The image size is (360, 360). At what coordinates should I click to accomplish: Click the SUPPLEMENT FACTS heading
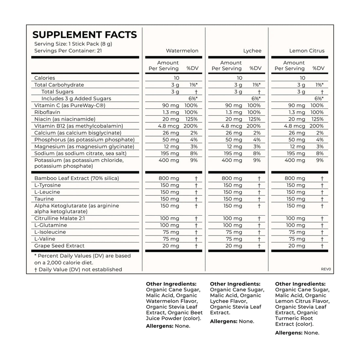point(84,35)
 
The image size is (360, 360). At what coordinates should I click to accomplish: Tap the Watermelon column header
point(182,51)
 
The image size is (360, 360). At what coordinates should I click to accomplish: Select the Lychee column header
point(252,51)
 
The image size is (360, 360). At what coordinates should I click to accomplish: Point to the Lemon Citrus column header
point(307,51)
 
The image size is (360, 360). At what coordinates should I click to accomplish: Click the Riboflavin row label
point(46,112)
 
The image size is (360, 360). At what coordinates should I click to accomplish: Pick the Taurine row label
point(44,199)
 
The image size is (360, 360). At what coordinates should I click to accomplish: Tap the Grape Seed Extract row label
point(59,246)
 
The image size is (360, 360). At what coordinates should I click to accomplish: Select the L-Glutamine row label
point(51,225)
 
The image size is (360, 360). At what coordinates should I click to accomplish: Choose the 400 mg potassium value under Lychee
point(232,160)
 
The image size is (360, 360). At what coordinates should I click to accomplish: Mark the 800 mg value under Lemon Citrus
point(295,178)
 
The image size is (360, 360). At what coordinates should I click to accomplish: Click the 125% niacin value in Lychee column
point(254,119)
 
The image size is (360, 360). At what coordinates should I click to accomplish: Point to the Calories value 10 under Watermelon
point(176,78)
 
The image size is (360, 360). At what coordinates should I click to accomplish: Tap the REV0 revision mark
point(326,269)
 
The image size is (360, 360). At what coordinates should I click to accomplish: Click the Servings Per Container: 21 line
point(68,51)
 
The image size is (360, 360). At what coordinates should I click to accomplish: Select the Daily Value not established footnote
point(78,270)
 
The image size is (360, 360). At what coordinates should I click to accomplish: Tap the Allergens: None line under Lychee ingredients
point(232,321)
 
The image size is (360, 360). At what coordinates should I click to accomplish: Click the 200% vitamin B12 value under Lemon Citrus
point(316,126)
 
